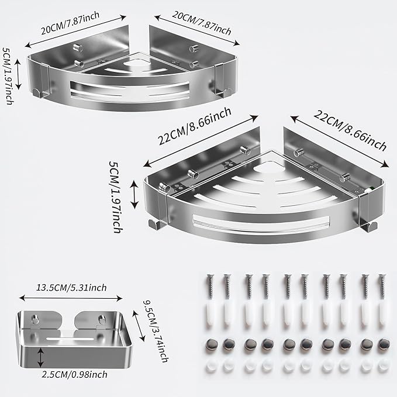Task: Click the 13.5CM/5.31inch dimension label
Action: [x=72, y=288]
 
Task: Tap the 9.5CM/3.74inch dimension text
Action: [x=156, y=332]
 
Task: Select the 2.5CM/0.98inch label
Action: [x=74, y=375]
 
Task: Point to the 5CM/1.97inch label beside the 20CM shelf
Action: [x=8, y=75]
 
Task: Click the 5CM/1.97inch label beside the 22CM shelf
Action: [x=115, y=197]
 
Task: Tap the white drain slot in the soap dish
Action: [x=70, y=339]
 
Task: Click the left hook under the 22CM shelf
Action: [x=155, y=225]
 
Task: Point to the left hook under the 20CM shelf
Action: [x=38, y=92]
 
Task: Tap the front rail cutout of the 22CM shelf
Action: [x=261, y=223]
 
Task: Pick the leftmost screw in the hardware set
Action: [x=210, y=286]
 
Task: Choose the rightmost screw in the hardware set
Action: [x=382, y=286]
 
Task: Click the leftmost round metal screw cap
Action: [x=212, y=344]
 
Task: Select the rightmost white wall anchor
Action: [x=382, y=316]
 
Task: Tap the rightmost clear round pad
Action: [x=383, y=366]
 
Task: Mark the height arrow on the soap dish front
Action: [x=40, y=357]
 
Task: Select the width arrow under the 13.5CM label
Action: [x=71, y=298]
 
